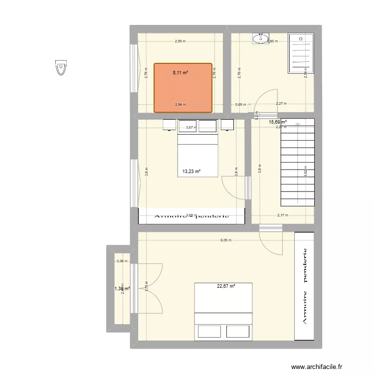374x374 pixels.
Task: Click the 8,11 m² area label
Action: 181,73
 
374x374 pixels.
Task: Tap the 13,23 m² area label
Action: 191,172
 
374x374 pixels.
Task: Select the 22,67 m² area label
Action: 226,286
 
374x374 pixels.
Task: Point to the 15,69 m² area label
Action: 278,122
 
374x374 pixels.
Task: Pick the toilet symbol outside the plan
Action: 61,67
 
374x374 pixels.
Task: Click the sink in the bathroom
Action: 261,38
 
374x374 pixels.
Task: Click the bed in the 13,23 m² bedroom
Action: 198,152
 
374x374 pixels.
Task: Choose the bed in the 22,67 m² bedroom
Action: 223,312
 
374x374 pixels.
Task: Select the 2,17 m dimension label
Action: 283,215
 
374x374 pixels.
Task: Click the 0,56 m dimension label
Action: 122,261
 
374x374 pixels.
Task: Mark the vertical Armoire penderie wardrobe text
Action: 305,286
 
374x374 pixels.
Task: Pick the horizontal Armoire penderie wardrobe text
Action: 192,216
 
